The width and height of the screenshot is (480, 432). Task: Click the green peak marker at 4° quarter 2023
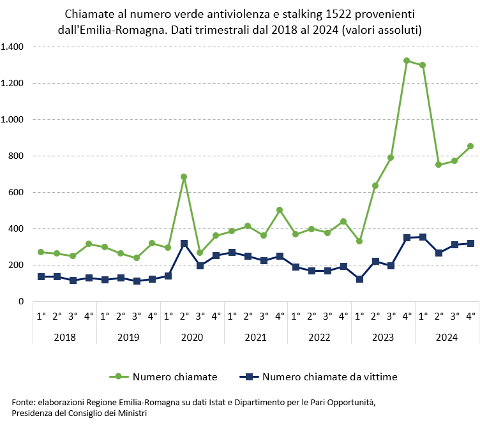tap(407, 61)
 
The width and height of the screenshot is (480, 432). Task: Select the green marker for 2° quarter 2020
tap(184, 177)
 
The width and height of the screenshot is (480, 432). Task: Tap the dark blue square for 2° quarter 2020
tap(184, 244)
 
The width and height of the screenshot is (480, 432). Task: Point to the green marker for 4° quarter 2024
tap(470, 146)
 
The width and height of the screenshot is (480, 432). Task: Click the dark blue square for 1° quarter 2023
tap(359, 279)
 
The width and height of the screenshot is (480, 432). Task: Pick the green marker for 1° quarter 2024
tap(423, 65)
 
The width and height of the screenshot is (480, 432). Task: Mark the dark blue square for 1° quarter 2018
tap(41, 276)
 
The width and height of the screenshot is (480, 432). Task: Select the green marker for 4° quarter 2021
tap(280, 210)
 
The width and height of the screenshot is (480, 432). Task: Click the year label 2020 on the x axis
tap(192, 336)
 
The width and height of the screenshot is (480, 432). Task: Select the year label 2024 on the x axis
tap(446, 336)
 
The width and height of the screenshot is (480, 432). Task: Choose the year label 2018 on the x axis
tap(64, 336)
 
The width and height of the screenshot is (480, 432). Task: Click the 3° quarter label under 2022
tap(327, 315)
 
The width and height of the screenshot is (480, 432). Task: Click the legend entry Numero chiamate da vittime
tap(329, 376)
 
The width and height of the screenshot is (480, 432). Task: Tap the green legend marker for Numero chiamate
tap(118, 376)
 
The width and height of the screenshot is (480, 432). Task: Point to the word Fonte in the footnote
tap(23, 403)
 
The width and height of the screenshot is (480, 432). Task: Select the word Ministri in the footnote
tap(132, 413)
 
